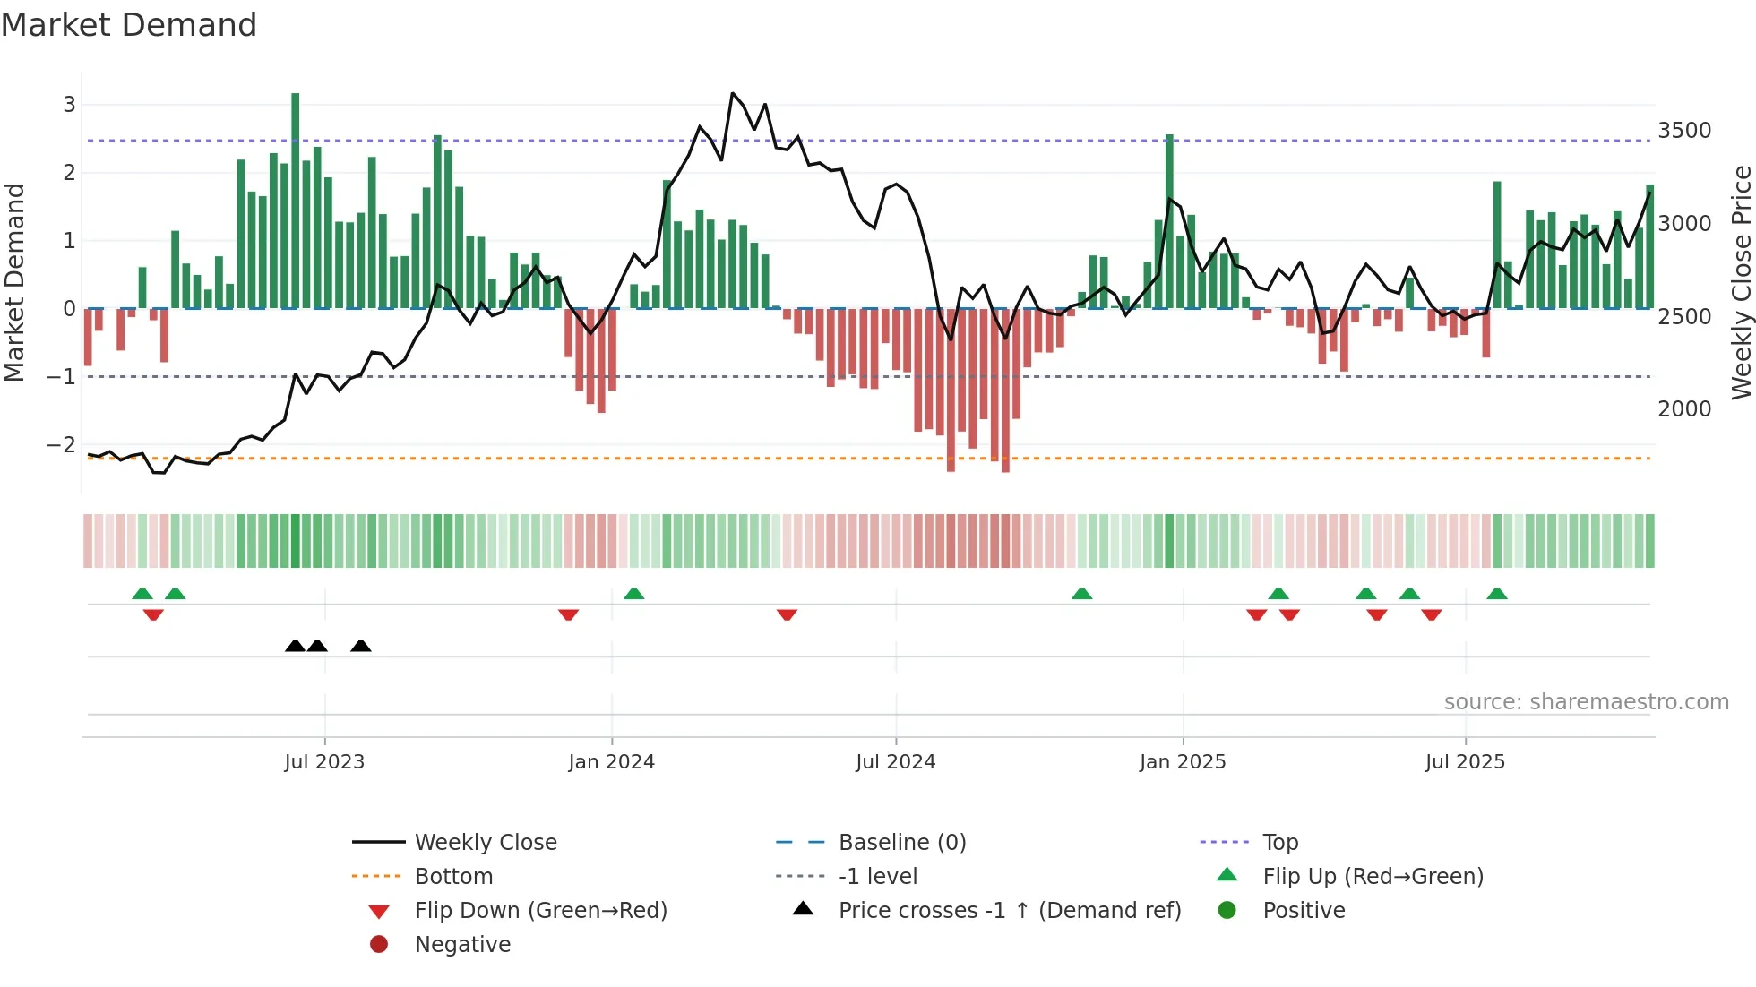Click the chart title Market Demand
coord(129,25)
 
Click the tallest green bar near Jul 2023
coord(296,202)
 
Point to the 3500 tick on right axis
coord(1683,131)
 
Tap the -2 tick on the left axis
coord(61,445)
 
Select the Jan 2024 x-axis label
coord(611,762)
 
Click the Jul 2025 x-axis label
coord(1465,762)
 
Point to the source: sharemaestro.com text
coord(1586,702)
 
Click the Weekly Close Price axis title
coord(1741,282)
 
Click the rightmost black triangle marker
coord(361,647)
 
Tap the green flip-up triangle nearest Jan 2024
coord(634,594)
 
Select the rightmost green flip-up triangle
coord(1497,594)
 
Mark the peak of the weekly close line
coord(732,93)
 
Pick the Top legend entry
coord(1279,843)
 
